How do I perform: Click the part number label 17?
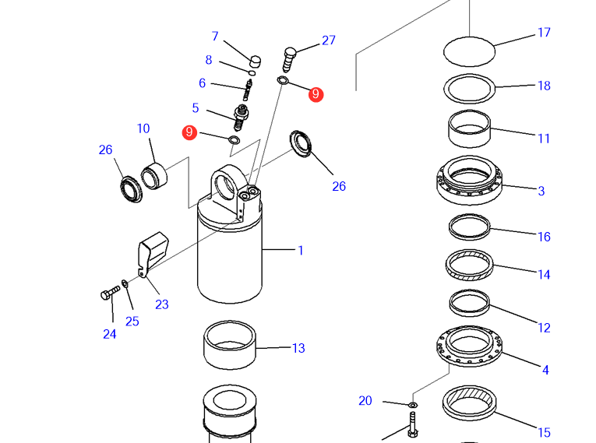(x=544, y=33)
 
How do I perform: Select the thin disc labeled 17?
(x=469, y=52)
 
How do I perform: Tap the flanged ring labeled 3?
(x=468, y=181)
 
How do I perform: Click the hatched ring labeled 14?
(x=469, y=267)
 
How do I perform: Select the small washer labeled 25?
(x=125, y=283)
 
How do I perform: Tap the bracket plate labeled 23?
(x=153, y=252)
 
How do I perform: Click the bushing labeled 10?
(x=154, y=174)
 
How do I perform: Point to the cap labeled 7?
(x=254, y=59)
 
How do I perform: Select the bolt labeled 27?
(x=290, y=56)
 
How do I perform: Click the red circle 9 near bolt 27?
(x=316, y=94)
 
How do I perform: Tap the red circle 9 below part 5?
(x=189, y=132)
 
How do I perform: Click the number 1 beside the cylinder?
(x=301, y=251)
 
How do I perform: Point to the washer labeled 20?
(x=413, y=405)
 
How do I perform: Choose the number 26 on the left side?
(x=106, y=149)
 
